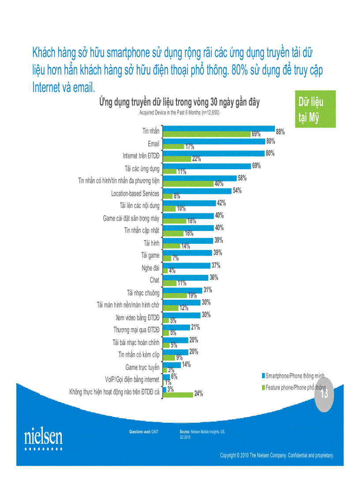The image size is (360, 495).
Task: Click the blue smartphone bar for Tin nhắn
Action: point(219,129)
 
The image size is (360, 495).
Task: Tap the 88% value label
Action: point(280,131)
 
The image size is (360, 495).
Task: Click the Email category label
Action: point(154,144)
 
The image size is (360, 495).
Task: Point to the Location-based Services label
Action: point(135,194)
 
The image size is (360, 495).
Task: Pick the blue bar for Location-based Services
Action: point(197,191)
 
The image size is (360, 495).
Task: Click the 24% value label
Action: point(198,394)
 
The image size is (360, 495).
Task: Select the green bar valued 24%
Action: point(178,394)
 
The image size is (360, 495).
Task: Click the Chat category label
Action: point(154,280)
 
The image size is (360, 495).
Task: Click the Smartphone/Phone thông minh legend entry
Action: point(295,376)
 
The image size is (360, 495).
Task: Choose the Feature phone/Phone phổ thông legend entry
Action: point(295,388)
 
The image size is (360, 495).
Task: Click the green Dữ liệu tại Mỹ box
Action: point(315,109)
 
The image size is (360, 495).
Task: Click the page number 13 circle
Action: point(324,394)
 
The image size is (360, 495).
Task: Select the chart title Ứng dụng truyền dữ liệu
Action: point(179,103)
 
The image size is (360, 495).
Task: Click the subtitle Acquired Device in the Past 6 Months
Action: point(179,113)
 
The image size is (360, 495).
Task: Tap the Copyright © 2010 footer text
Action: point(277,455)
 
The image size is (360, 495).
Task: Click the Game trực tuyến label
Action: point(142,367)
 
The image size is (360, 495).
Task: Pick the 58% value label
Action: point(242,179)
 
